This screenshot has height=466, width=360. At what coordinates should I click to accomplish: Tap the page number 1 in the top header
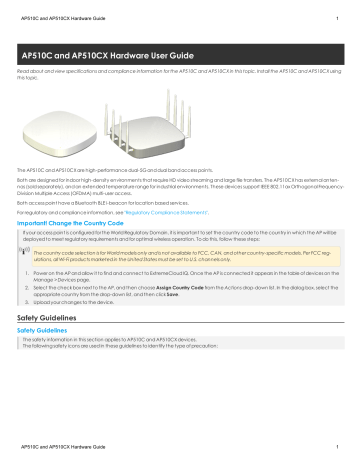[x=340, y=10]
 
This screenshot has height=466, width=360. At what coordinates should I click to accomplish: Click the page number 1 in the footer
[x=340, y=457]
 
